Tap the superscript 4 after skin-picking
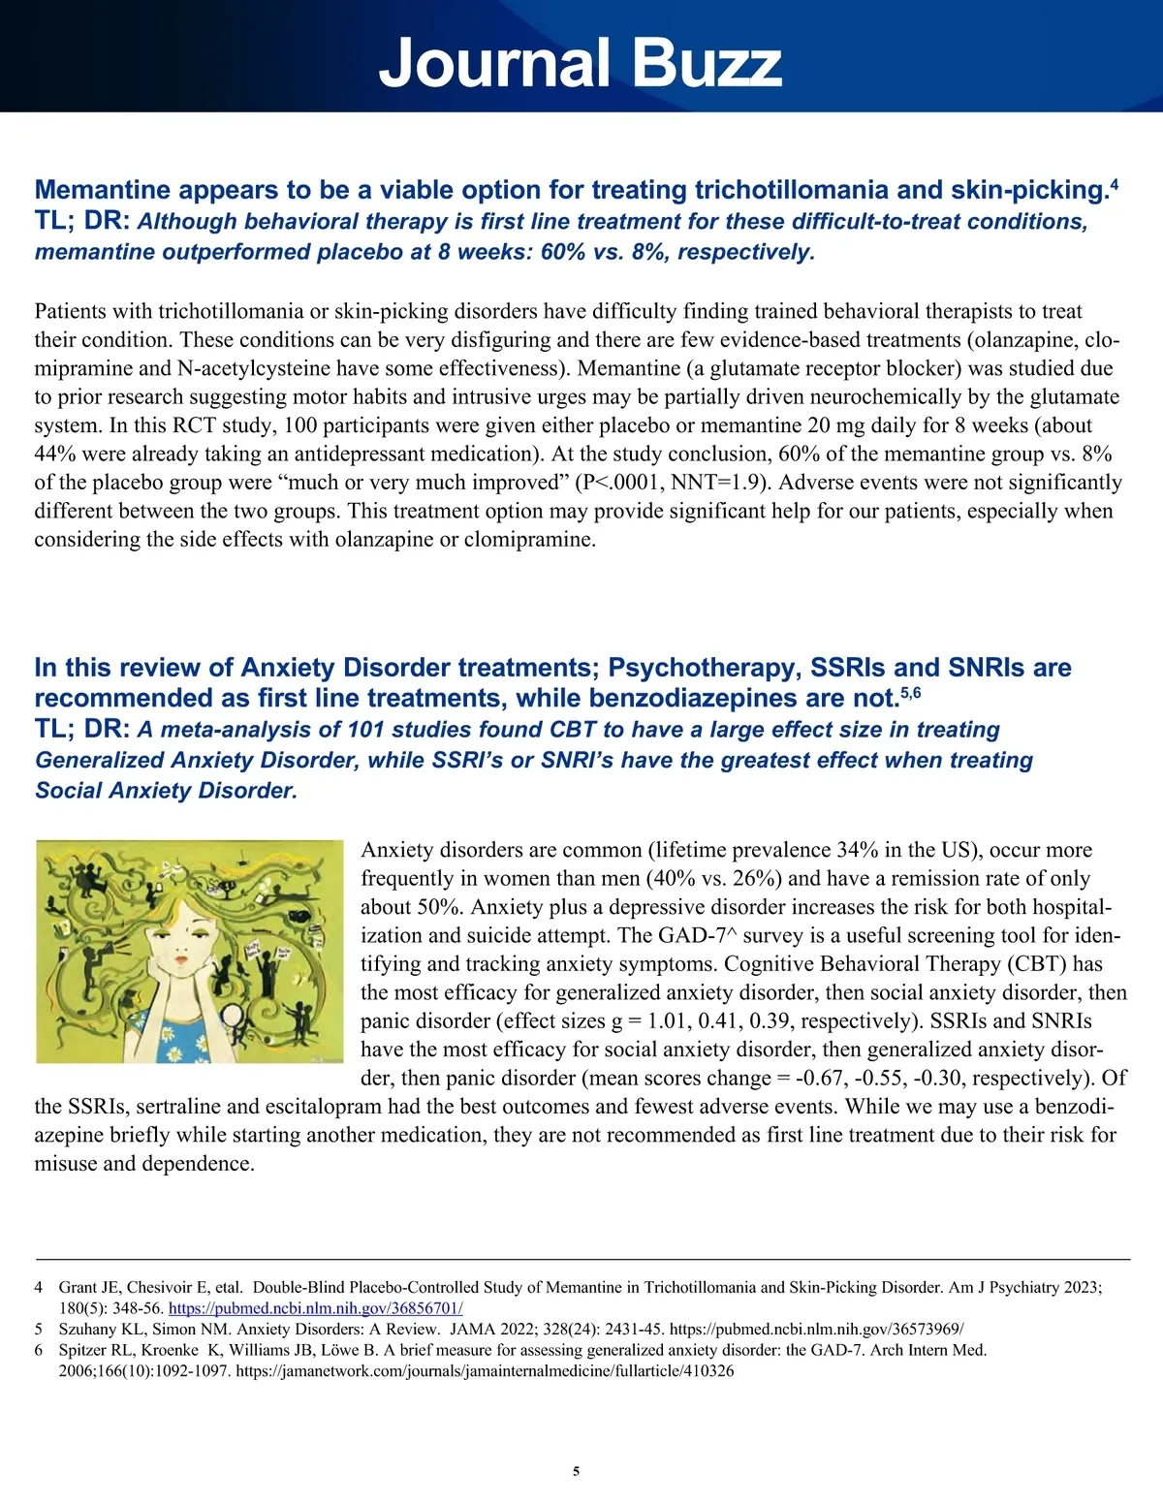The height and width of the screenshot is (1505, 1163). (1115, 183)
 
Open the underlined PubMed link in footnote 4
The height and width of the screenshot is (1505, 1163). (315, 1308)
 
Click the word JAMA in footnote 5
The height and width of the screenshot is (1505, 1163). (471, 1330)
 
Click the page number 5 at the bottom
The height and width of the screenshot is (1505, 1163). (577, 1471)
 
